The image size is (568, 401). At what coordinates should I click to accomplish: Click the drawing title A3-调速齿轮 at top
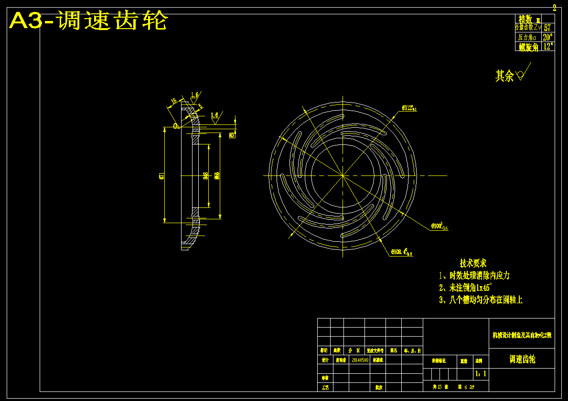[89, 21]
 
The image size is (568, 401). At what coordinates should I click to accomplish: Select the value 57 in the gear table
[547, 28]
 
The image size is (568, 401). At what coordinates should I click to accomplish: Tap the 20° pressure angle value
[547, 37]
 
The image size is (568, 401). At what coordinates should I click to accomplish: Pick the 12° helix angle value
[548, 47]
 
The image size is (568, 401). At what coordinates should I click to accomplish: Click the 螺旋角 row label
[528, 47]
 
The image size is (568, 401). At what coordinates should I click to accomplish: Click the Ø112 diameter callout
[409, 108]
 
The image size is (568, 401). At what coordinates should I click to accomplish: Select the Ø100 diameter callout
[439, 226]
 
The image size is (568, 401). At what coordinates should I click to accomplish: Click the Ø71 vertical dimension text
[162, 175]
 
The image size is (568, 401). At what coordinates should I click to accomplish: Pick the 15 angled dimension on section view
[173, 101]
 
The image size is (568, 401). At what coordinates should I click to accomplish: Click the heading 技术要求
[473, 263]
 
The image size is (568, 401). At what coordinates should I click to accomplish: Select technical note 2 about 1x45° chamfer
[465, 288]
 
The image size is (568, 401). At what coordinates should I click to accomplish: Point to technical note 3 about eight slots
[481, 300]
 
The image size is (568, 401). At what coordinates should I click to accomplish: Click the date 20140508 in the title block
[360, 360]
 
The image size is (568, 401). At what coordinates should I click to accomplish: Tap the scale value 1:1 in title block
[481, 373]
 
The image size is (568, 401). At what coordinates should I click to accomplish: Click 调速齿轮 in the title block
[522, 359]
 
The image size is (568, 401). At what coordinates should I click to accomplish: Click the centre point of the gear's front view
[343, 175]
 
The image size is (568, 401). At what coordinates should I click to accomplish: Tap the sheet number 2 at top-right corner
[554, 8]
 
